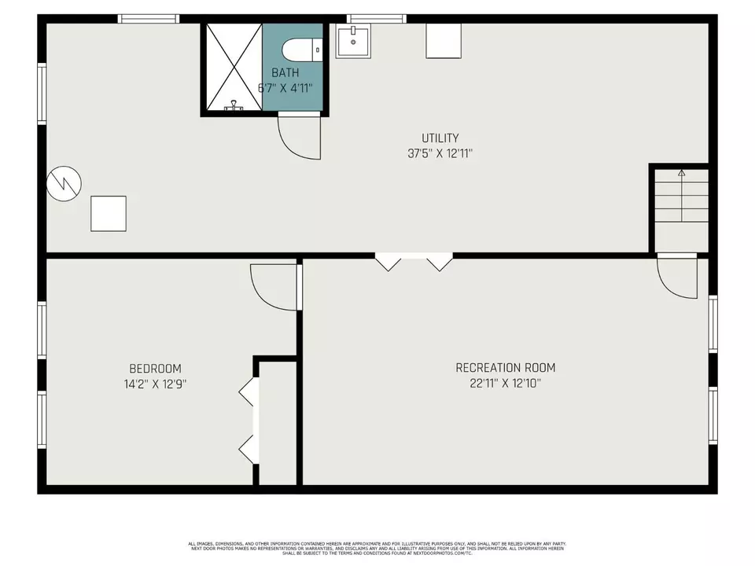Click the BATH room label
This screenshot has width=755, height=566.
click(x=285, y=72)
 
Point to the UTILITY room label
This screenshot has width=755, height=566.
click(x=440, y=138)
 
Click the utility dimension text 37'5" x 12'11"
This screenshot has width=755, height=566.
click(x=440, y=154)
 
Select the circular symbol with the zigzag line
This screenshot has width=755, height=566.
click(x=64, y=184)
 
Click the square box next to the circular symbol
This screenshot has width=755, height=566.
click(x=109, y=213)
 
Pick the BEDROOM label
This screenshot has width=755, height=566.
click(x=155, y=369)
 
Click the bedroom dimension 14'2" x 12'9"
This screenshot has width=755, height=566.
click(x=155, y=384)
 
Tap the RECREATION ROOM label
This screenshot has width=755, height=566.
click(x=505, y=368)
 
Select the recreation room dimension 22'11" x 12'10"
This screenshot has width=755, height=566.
click(x=505, y=384)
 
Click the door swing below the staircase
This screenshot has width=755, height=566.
click(x=678, y=278)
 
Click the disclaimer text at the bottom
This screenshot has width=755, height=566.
click(x=377, y=548)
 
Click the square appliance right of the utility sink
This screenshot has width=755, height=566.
click(x=443, y=40)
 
